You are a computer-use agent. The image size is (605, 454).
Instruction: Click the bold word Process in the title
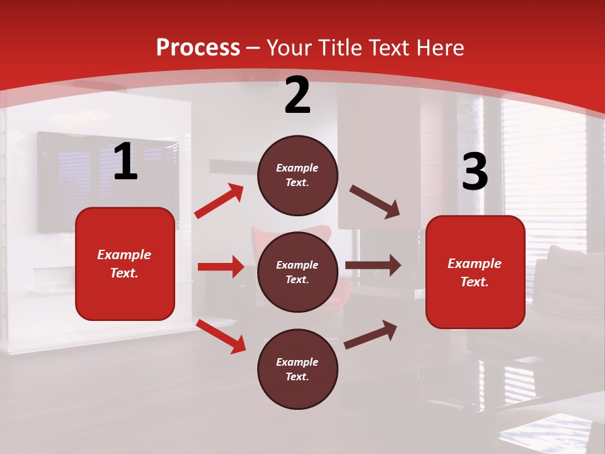point(198,48)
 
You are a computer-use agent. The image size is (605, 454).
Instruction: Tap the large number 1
point(125,161)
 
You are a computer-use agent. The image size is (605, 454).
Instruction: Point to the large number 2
point(297,95)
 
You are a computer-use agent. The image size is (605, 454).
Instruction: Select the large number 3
point(475,172)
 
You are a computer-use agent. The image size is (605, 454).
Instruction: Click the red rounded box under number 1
point(125,264)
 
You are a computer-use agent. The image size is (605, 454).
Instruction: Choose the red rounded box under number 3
point(475,272)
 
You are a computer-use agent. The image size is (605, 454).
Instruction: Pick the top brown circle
point(297,175)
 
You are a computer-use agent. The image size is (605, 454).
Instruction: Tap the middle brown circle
point(297,272)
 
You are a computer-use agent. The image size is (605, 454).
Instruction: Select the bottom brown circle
point(297,369)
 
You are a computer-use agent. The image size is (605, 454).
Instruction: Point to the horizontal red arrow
point(221,267)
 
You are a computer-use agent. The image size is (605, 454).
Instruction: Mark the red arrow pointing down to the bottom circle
point(221,337)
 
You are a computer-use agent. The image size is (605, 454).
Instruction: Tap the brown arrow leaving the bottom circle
point(371,335)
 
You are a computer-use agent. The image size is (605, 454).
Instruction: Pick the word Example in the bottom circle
point(297,362)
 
